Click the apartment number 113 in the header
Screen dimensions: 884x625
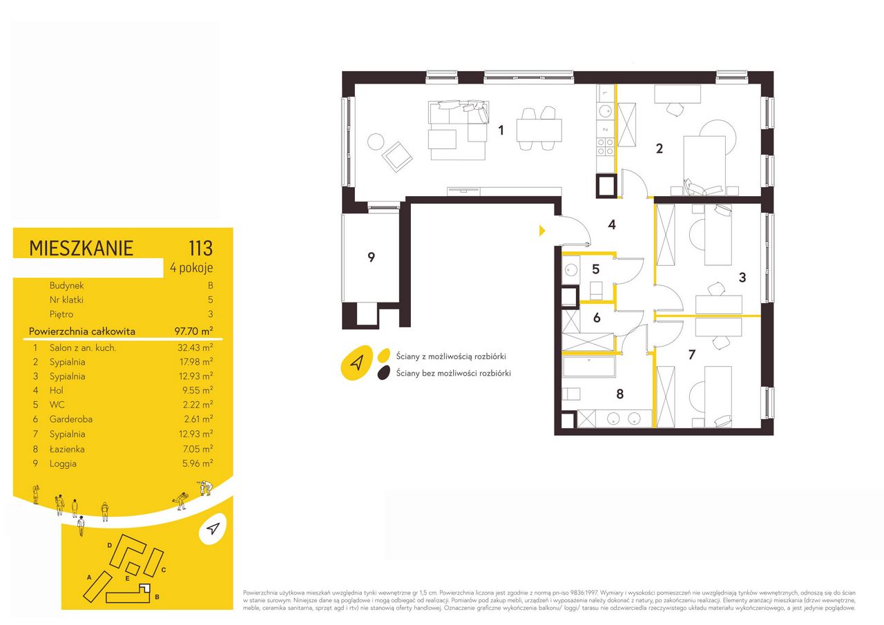(201, 248)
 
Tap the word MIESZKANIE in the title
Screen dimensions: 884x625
(81, 249)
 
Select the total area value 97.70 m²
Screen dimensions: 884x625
(194, 331)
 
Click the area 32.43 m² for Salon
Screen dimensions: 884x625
(195, 347)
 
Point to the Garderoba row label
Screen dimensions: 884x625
(71, 419)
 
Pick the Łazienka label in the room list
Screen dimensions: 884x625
(67, 449)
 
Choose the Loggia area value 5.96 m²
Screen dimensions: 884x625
(198, 463)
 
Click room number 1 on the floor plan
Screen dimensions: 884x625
(501, 131)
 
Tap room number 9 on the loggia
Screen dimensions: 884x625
(371, 258)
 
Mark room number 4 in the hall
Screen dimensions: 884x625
(612, 224)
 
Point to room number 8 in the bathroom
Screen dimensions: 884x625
(620, 394)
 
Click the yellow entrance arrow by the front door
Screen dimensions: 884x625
(542, 231)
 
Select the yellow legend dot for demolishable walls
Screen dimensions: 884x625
(383, 355)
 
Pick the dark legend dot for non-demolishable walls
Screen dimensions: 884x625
(383, 373)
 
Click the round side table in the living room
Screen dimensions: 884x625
(375, 142)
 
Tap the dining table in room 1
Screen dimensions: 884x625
(539, 131)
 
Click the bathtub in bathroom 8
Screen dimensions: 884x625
(588, 367)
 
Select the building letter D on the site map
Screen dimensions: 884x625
(109, 546)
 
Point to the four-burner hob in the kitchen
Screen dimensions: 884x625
(605, 146)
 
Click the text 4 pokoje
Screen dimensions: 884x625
(191, 268)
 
